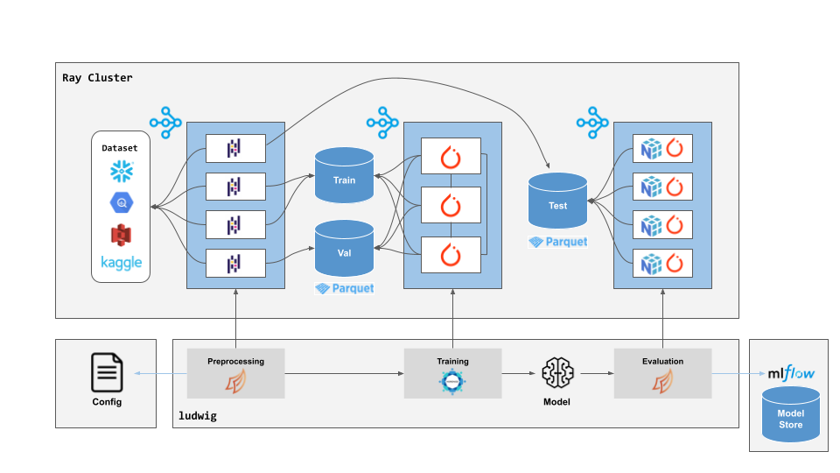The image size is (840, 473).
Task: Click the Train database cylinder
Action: click(x=345, y=180)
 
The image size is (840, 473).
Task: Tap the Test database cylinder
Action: click(x=557, y=205)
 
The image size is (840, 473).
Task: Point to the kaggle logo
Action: click(x=121, y=263)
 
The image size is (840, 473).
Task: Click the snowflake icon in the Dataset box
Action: click(x=121, y=172)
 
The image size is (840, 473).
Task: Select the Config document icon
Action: click(x=107, y=373)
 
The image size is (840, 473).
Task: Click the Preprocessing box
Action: click(x=235, y=373)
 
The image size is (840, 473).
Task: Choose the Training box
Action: click(x=452, y=373)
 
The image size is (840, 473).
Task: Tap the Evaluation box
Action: click(x=662, y=373)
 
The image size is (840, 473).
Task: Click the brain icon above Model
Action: click(x=556, y=373)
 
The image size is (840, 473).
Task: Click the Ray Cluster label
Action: click(x=97, y=78)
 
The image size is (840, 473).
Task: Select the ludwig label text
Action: click(x=197, y=416)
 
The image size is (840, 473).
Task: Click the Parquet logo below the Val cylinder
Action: click(x=345, y=288)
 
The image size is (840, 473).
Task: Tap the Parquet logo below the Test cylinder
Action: click(x=557, y=242)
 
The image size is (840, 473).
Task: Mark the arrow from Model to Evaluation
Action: click(x=597, y=374)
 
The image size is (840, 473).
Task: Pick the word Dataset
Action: click(x=120, y=148)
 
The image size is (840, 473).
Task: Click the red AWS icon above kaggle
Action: click(x=121, y=234)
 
